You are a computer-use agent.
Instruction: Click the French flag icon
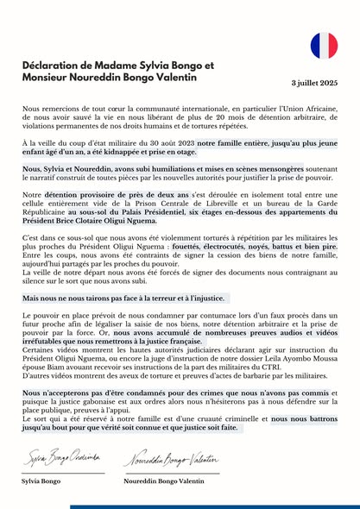pos(324,46)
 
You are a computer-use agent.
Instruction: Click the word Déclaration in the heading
pos(54,65)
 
